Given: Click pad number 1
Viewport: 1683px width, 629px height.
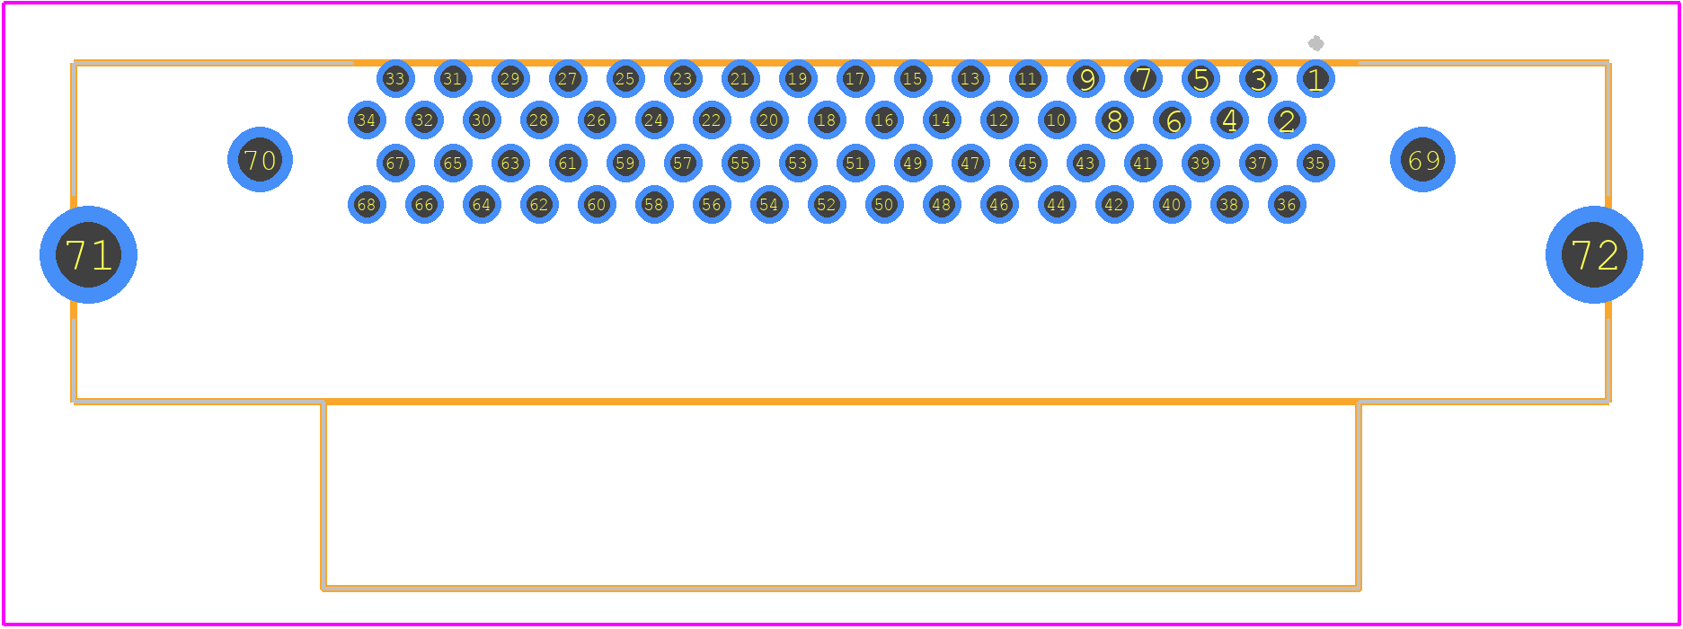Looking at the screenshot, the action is pos(1315,79).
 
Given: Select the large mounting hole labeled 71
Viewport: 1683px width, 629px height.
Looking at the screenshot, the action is pos(88,254).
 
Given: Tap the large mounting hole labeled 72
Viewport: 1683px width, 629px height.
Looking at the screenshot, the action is pos(1594,254).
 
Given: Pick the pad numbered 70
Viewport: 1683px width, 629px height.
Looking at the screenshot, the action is pos(260,159).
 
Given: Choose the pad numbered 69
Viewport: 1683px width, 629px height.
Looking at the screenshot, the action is pos(1422,159).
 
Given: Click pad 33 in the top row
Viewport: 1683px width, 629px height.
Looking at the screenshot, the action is pos(395,79).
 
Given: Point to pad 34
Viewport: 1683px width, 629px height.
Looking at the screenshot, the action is pos(367,120).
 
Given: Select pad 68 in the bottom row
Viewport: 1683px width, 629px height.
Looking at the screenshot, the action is pos(367,204).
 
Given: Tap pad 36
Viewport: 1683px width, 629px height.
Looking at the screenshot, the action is pos(1287,204).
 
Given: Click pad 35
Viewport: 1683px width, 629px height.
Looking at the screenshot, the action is pos(1315,163).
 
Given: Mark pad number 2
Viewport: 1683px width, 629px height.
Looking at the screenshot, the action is pos(1287,120).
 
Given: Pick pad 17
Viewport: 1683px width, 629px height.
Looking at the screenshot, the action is pos(855,79).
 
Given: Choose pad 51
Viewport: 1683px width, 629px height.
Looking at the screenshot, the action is pos(855,163).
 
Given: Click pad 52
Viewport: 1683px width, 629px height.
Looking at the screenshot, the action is pos(827,204).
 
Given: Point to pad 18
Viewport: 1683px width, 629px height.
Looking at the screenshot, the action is pos(827,120).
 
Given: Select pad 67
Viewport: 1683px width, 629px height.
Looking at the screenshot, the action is pos(395,163).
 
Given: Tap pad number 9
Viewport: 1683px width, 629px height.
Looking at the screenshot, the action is pos(1085,79).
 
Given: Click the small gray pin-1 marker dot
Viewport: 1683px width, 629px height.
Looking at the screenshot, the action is pos(1315,43).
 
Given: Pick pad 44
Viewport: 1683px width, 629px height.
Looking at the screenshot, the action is pos(1057,204).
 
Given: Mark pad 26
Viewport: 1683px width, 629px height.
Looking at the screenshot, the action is pos(597,120).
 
